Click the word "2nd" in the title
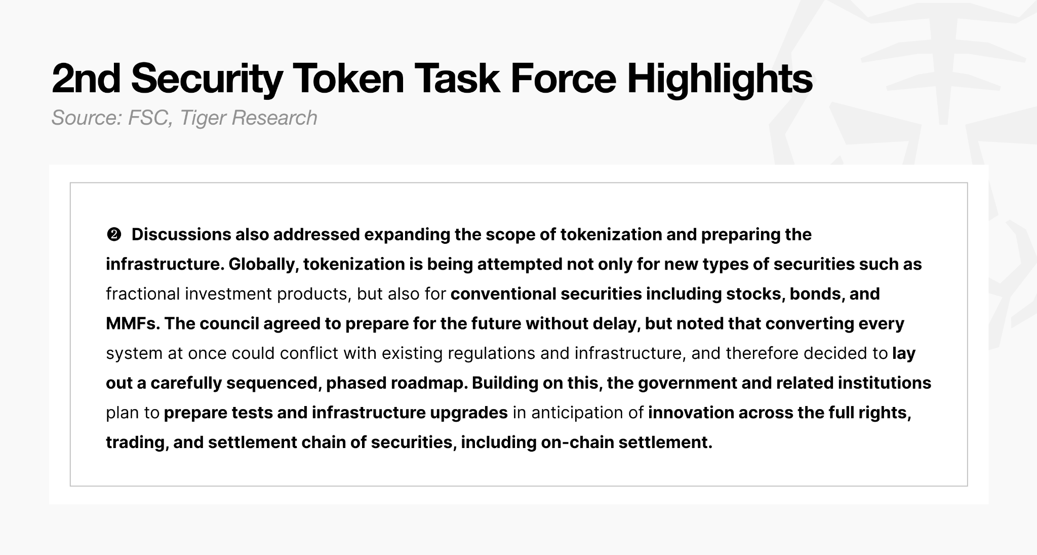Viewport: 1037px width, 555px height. point(86,79)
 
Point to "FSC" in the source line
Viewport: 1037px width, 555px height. point(148,118)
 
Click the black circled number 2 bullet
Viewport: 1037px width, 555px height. point(114,235)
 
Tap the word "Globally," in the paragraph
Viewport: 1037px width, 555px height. point(263,265)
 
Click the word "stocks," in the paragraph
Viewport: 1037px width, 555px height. point(755,294)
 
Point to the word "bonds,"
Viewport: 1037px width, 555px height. point(817,294)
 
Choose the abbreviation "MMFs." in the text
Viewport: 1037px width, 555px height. point(133,324)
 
